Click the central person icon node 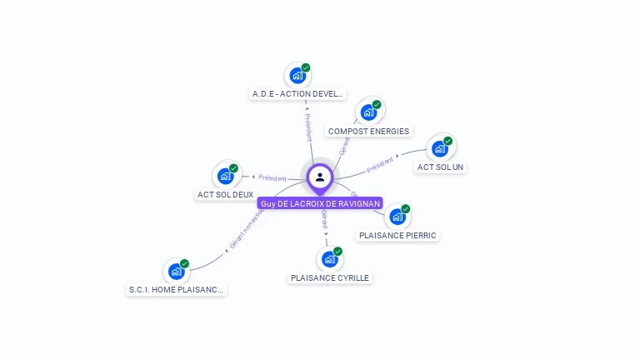click(x=320, y=177)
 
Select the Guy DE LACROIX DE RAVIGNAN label click(x=320, y=203)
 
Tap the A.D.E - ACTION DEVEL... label click(x=297, y=94)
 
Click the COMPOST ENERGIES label click(x=368, y=131)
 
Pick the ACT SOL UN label click(x=441, y=167)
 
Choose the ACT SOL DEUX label click(x=225, y=194)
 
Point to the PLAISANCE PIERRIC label click(x=397, y=235)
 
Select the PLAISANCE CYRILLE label click(x=330, y=277)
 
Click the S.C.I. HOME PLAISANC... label click(x=176, y=289)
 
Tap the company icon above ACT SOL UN click(x=439, y=149)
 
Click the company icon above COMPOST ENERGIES click(x=368, y=112)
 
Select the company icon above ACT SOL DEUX click(x=225, y=176)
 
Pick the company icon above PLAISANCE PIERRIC click(x=397, y=217)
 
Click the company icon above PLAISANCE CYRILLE click(x=330, y=259)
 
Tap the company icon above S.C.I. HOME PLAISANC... click(x=176, y=271)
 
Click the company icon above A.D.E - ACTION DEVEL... click(x=297, y=76)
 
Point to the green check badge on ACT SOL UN click(x=447, y=141)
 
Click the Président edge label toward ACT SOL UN click(x=381, y=164)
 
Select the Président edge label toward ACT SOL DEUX click(x=272, y=177)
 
